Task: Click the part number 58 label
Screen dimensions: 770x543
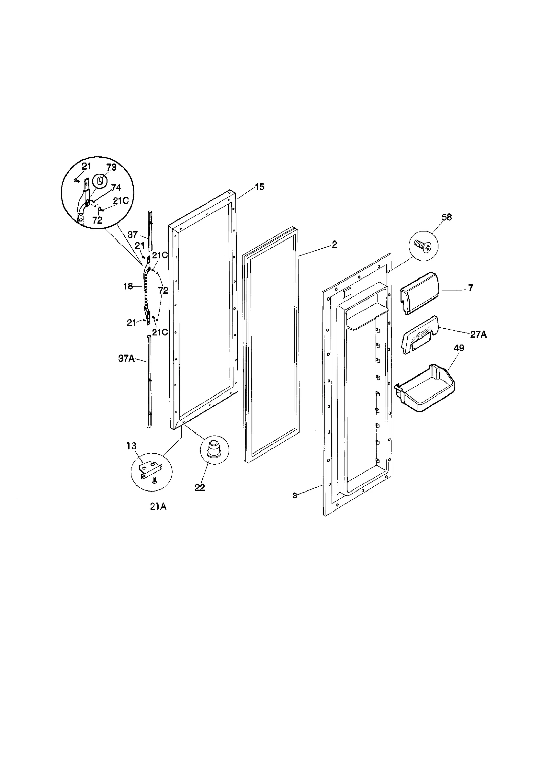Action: (x=447, y=217)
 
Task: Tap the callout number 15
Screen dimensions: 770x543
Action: (x=259, y=187)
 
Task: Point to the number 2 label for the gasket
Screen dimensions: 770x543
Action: (x=334, y=245)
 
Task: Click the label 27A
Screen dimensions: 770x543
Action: (x=478, y=335)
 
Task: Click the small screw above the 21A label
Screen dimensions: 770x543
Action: (x=155, y=489)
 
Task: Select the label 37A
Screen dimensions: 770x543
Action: (x=126, y=358)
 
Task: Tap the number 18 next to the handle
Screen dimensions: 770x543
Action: (x=128, y=286)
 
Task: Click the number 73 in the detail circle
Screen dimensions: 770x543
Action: (x=111, y=168)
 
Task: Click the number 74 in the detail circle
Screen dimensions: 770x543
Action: (x=116, y=188)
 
